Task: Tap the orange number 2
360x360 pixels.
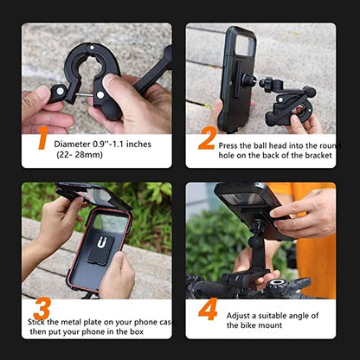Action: coord(206,138)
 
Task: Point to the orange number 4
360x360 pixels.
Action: coord(208,310)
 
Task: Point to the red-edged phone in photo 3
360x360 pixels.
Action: coord(96,251)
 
